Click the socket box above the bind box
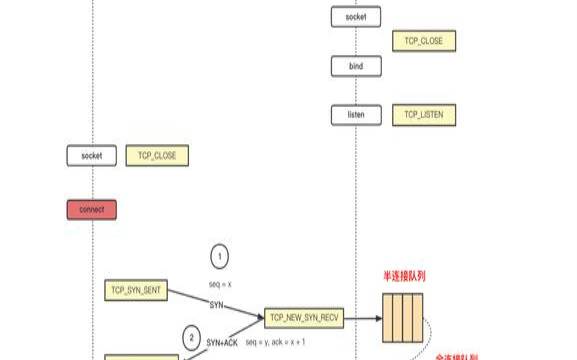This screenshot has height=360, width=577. pos(356,17)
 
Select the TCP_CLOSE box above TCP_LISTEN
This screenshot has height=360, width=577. pos(424,41)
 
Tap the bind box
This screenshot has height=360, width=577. pos(356,66)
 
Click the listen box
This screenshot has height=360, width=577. pos(356,115)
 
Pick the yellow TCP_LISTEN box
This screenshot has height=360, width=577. pos(424,115)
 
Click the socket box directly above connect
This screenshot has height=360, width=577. pos(92,156)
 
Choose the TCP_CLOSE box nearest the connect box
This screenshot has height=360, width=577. pos(157,156)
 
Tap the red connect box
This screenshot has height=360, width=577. pos(92,209)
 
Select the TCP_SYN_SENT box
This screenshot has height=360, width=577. pos(136,290)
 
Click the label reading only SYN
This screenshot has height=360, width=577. pos(216,304)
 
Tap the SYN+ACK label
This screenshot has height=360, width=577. pos(223,341)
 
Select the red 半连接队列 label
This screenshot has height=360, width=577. pos(402,276)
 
